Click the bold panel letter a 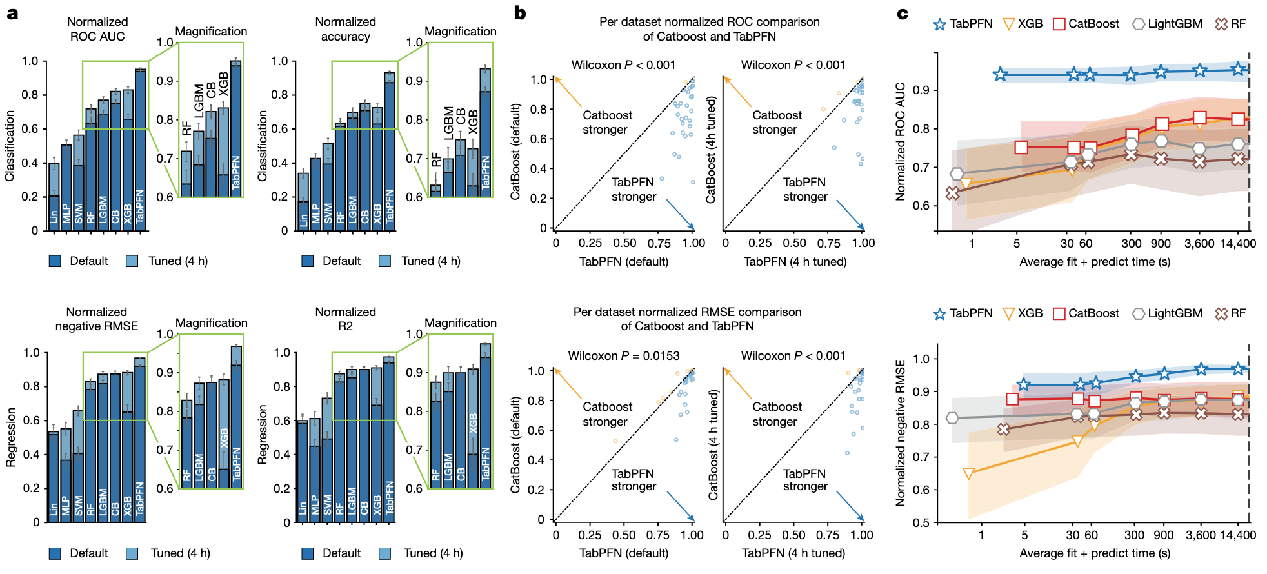(12, 13)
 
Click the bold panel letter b (520, 13)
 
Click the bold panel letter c (903, 13)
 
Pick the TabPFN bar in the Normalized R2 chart (389, 439)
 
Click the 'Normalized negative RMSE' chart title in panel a (97, 319)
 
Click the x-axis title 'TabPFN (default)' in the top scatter (624, 261)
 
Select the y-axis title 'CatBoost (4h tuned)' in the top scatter (711, 150)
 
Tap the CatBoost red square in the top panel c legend (1059, 24)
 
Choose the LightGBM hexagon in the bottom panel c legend (1139, 313)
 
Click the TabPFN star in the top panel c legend (940, 24)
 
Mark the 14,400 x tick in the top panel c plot (1237, 243)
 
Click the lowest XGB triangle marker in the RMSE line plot (968, 474)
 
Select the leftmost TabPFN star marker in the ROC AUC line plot (1000, 75)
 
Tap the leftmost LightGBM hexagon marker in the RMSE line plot (952, 418)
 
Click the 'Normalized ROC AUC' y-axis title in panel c (901, 142)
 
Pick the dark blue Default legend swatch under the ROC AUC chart (55, 261)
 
